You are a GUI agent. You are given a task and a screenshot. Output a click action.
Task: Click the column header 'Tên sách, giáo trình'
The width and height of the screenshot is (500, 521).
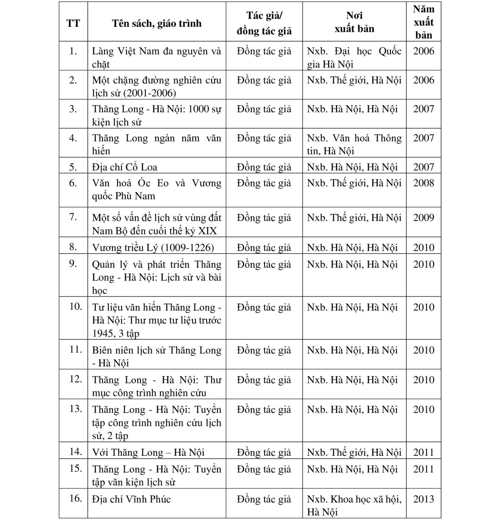coord(156,23)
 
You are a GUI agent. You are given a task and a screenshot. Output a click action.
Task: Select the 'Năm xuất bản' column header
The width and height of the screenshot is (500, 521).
coord(423,22)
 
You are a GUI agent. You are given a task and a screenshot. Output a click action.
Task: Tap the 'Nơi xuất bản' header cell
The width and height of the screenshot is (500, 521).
coord(354,22)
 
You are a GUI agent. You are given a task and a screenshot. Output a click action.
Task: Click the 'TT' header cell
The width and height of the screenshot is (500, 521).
coord(73,23)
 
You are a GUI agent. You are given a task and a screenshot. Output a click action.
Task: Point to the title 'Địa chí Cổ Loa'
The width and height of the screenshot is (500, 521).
coord(124,167)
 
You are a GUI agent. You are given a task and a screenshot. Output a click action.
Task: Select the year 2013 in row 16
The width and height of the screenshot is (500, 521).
coord(423,499)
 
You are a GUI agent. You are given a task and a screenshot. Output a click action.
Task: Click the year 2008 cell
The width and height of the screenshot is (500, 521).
coord(423,183)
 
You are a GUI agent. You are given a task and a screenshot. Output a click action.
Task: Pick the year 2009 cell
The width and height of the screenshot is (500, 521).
coord(423,218)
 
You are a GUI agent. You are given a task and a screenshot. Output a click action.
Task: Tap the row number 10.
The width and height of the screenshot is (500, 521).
coord(75,306)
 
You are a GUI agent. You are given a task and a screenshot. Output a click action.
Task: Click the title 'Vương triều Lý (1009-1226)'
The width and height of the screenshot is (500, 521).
coord(153,248)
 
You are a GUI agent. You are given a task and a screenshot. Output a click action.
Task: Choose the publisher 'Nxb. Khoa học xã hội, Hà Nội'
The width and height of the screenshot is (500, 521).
coord(354,505)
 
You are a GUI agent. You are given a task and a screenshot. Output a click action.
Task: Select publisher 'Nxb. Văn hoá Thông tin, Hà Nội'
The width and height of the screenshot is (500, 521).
coord(354,144)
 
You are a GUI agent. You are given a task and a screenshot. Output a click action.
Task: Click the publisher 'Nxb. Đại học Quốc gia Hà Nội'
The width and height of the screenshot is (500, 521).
coord(354,58)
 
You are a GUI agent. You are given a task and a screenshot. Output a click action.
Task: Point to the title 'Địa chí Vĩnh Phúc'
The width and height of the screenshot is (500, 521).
coord(131,499)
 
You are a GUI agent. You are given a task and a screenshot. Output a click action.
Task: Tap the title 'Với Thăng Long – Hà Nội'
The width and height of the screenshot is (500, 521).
coord(148,453)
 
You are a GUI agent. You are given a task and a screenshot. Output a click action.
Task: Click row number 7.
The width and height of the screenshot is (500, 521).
coord(73,217)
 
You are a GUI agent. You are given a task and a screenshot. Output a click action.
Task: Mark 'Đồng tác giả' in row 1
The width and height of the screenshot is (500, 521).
coord(264,51)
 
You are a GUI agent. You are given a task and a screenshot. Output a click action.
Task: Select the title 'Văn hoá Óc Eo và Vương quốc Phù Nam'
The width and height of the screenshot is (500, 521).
coord(156,189)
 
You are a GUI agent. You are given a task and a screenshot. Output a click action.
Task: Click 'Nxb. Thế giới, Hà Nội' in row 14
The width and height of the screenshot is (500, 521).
coord(354,453)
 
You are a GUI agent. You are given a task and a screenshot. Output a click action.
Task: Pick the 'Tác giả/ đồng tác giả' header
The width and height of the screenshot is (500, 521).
coord(264,23)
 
